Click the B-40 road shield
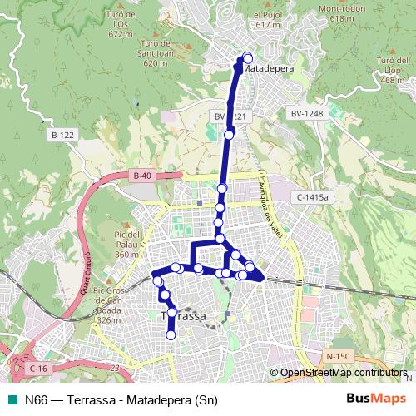[142, 176]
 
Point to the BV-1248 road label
[306, 113]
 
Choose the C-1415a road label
[313, 196]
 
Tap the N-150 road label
[338, 356]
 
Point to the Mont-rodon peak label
[324, 13]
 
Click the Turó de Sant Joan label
[156, 53]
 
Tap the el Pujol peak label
[268, 20]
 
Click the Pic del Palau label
[127, 245]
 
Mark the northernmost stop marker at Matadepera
[247, 57]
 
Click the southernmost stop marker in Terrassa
[171, 335]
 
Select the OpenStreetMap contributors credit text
[343, 373]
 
